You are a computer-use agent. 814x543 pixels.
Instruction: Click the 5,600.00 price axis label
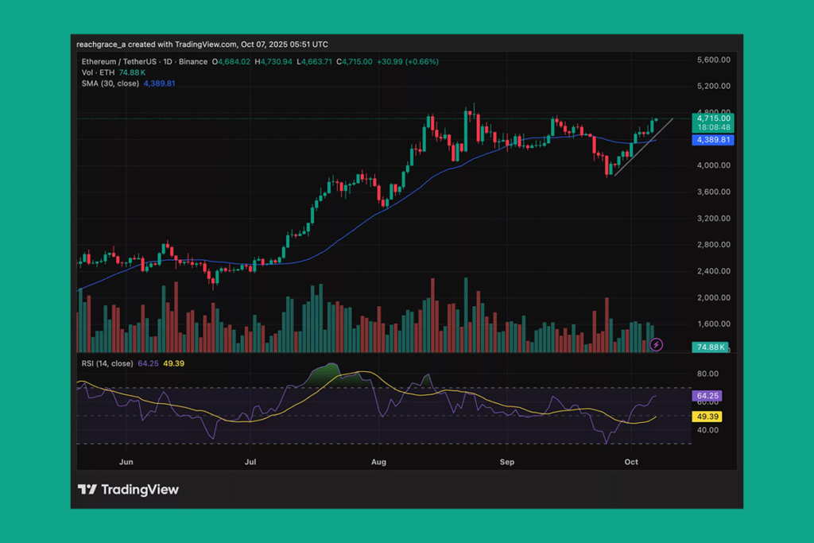(713, 60)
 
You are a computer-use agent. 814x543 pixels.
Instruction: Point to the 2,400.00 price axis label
(713, 271)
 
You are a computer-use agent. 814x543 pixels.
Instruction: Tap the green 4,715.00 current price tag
(714, 118)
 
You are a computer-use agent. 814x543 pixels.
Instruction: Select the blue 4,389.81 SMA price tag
(714, 140)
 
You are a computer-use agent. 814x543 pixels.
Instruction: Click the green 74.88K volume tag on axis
(711, 347)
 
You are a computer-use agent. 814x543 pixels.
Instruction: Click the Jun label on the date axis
(125, 461)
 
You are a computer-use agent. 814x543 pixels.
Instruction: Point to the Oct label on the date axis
(632, 461)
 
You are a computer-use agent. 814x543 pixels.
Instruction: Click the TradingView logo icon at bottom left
(87, 490)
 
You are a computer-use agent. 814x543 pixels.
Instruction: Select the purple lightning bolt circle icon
(657, 344)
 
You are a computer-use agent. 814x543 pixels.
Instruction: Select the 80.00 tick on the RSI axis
(707, 374)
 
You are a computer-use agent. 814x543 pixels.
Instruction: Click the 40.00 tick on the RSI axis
(707, 430)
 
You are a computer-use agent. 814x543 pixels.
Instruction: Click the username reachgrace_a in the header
(103, 45)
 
